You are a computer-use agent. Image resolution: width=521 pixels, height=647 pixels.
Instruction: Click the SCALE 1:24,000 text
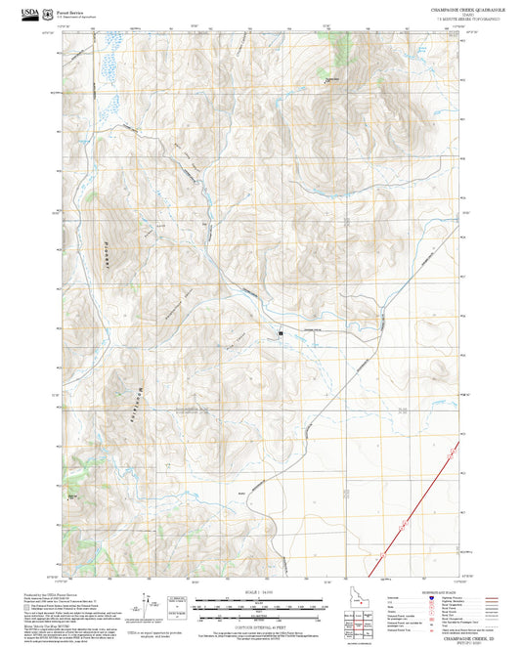pyautogui.click(x=260, y=593)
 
